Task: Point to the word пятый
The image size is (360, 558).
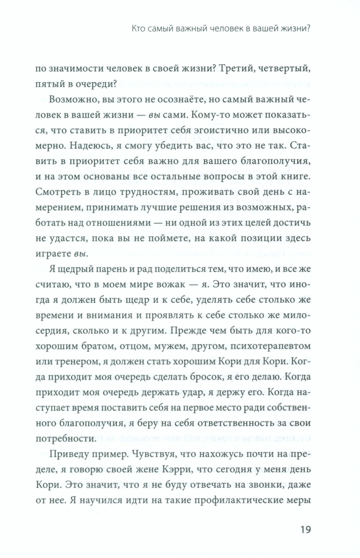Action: pyautogui.click(x=49, y=84)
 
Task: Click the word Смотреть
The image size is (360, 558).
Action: pyautogui.click(x=57, y=192)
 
